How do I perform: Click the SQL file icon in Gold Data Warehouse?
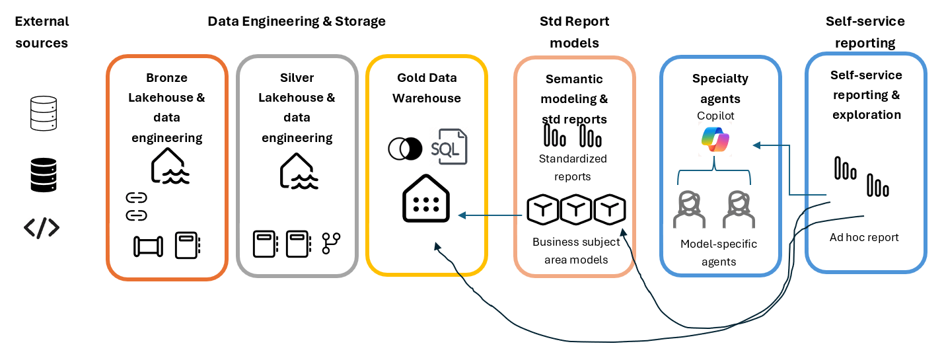pyautogui.click(x=449, y=147)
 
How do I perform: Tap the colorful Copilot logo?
pyautogui.click(x=715, y=139)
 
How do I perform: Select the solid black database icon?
pyautogui.click(x=44, y=175)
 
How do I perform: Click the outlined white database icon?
pyautogui.click(x=44, y=114)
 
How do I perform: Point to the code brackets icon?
pyautogui.click(x=42, y=228)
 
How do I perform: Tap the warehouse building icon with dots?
pyautogui.click(x=426, y=198)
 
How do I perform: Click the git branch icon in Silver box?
pyautogui.click(x=331, y=243)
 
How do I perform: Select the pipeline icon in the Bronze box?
pyautogui.click(x=148, y=246)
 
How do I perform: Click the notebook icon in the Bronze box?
pyautogui.click(x=188, y=245)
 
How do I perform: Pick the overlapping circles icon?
pyautogui.click(x=405, y=149)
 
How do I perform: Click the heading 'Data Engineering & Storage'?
pyautogui.click(x=297, y=21)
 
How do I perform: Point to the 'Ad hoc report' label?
pyautogui.click(x=864, y=237)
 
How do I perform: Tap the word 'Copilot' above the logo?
pyautogui.click(x=715, y=116)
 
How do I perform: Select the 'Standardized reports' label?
pyautogui.click(x=573, y=167)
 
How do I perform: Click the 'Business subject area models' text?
pyautogui.click(x=576, y=250)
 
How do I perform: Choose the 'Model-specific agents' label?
pyautogui.click(x=719, y=252)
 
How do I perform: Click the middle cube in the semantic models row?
pyautogui.click(x=576, y=209)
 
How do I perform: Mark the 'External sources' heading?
pyautogui.click(x=42, y=32)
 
